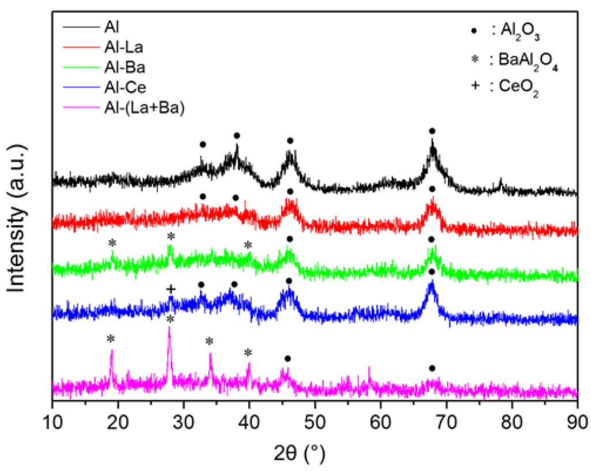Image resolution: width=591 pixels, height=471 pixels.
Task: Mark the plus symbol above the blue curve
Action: (x=171, y=289)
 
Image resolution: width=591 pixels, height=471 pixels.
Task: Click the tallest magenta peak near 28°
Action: (x=169, y=328)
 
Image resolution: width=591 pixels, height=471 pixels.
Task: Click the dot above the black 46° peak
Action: (x=290, y=141)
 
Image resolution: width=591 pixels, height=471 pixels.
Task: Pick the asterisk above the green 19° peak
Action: (x=112, y=243)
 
